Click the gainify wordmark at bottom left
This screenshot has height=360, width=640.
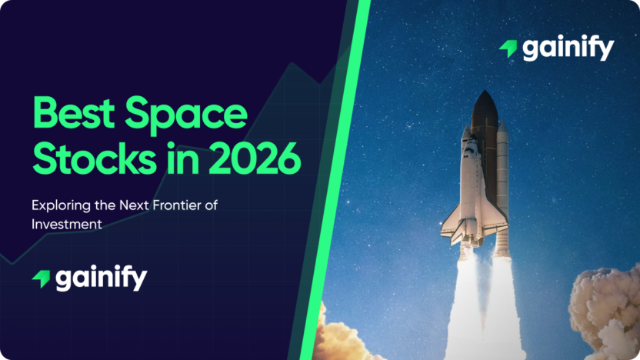[100, 278]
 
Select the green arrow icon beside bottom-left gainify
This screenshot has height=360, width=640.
[41, 278]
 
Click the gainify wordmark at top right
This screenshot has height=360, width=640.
[568, 48]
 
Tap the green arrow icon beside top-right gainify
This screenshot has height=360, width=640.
[508, 49]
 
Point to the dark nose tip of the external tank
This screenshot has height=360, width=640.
[484, 103]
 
